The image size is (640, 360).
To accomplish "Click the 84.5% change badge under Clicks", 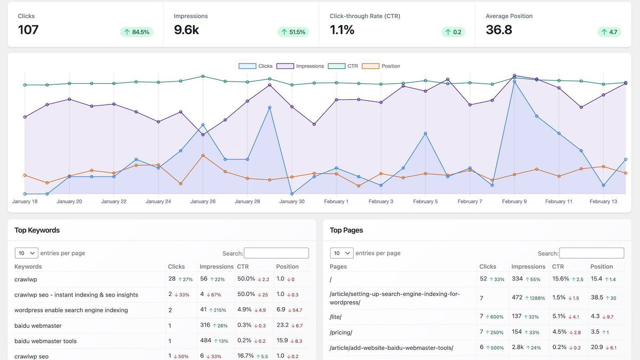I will click(x=137, y=32).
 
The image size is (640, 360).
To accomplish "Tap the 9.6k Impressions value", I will click(x=186, y=30).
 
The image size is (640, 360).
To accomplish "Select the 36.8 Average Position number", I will click(x=499, y=30).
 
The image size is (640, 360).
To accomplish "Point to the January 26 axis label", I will click(x=203, y=202).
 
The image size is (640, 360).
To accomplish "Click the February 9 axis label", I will click(x=514, y=202).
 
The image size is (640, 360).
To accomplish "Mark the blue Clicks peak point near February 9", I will click(x=515, y=81).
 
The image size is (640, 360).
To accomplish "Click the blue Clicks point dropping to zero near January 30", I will click(x=292, y=194).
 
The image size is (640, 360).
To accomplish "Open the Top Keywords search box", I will click(x=276, y=253).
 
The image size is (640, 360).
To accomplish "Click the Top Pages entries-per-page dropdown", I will click(x=341, y=253).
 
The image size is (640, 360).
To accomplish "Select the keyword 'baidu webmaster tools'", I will click(x=45, y=341).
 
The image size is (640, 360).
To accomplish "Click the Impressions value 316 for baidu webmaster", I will click(x=205, y=325).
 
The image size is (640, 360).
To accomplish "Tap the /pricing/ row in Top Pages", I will click(x=341, y=332).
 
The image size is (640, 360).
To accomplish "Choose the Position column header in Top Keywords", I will click(x=287, y=267).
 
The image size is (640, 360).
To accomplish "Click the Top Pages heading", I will click(x=346, y=230).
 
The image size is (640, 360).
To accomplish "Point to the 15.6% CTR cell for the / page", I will click(x=561, y=279).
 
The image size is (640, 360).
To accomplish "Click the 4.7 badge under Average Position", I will click(x=609, y=32).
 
